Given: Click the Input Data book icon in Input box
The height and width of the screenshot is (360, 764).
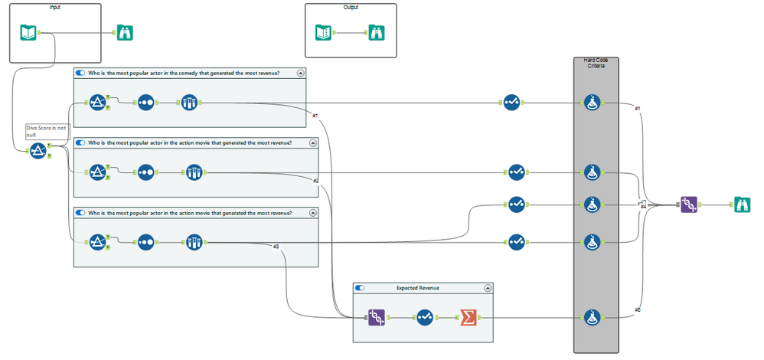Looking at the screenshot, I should click(x=28, y=32).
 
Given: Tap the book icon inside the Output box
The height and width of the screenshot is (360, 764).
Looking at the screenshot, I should click(x=324, y=33).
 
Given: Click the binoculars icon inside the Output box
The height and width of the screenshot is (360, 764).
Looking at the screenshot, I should click(x=376, y=33).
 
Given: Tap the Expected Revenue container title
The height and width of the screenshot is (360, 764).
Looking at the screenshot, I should click(x=418, y=288).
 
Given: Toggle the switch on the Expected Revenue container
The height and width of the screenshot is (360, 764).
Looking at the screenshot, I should click(x=360, y=288).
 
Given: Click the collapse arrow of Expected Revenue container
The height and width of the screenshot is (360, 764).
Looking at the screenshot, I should click(x=488, y=288).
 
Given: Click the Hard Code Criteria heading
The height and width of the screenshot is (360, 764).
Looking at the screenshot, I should click(x=596, y=64).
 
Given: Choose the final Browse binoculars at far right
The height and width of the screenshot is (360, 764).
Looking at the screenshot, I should click(x=741, y=205).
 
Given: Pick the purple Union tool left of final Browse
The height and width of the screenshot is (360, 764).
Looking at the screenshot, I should click(x=688, y=205).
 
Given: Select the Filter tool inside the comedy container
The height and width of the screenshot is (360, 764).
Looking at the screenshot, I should click(x=96, y=103).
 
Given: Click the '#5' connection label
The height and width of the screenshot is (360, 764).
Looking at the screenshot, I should click(x=638, y=309).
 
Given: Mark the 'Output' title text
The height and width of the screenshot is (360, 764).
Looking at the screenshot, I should click(x=351, y=7).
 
